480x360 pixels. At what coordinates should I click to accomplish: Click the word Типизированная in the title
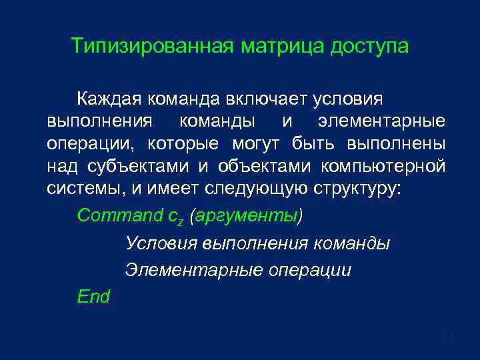point(151,47)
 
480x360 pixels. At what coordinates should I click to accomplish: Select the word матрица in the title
point(280,47)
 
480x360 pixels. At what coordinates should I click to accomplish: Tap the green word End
point(93,297)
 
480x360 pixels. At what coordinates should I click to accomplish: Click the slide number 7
point(448,337)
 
